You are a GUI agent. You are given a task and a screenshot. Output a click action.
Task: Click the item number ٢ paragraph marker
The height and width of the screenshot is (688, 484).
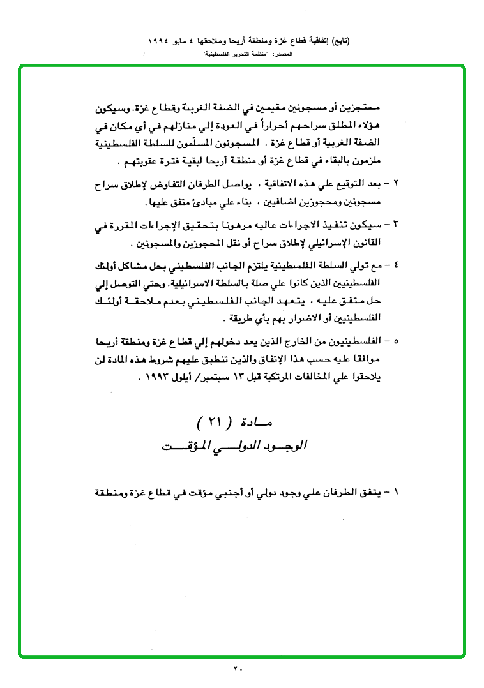coord(396,185)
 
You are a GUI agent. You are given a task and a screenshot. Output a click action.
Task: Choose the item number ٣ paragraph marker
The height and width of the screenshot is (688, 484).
coord(396,225)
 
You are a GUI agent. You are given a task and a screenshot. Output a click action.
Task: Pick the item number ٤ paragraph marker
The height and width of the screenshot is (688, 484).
coord(396,264)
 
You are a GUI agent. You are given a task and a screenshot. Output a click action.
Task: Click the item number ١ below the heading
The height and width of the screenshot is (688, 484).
coord(396,492)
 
